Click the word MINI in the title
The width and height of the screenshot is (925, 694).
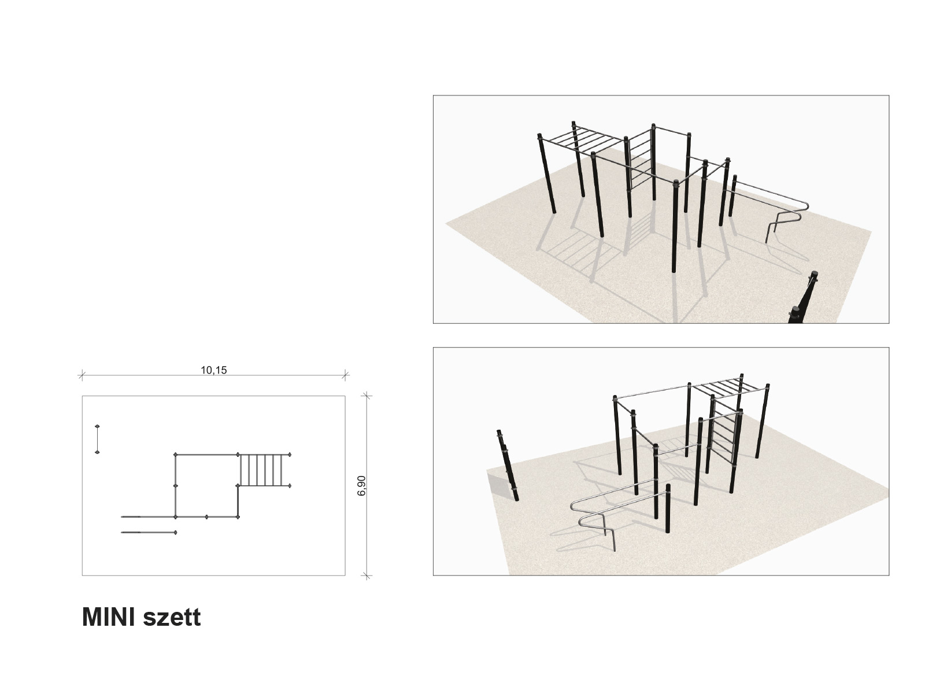pyautogui.click(x=108, y=617)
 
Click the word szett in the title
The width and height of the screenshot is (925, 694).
pyautogui.click(x=172, y=618)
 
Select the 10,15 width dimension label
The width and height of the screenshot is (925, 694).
pyautogui.click(x=214, y=370)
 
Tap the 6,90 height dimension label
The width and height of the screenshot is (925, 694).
pyautogui.click(x=361, y=485)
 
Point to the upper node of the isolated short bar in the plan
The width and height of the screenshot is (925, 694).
pyautogui.click(x=97, y=426)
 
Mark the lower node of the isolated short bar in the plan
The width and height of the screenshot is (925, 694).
pyautogui.click(x=97, y=452)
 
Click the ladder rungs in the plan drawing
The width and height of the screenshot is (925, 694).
pyautogui.click(x=264, y=470)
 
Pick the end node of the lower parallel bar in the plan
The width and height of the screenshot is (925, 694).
pyautogui.click(x=175, y=533)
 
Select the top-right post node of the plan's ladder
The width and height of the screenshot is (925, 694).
pyautogui.click(x=290, y=455)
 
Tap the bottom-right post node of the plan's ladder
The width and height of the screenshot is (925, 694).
pyautogui.click(x=290, y=486)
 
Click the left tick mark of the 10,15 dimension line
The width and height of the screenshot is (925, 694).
pyautogui.click(x=82, y=375)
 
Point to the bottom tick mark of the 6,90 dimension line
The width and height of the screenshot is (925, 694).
pyautogui.click(x=367, y=575)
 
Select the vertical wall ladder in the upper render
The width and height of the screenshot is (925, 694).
pyautogui.click(x=641, y=160)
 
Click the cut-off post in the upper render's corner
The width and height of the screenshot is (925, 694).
pyautogui.click(x=803, y=299)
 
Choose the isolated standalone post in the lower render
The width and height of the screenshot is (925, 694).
pyautogui.click(x=508, y=465)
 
